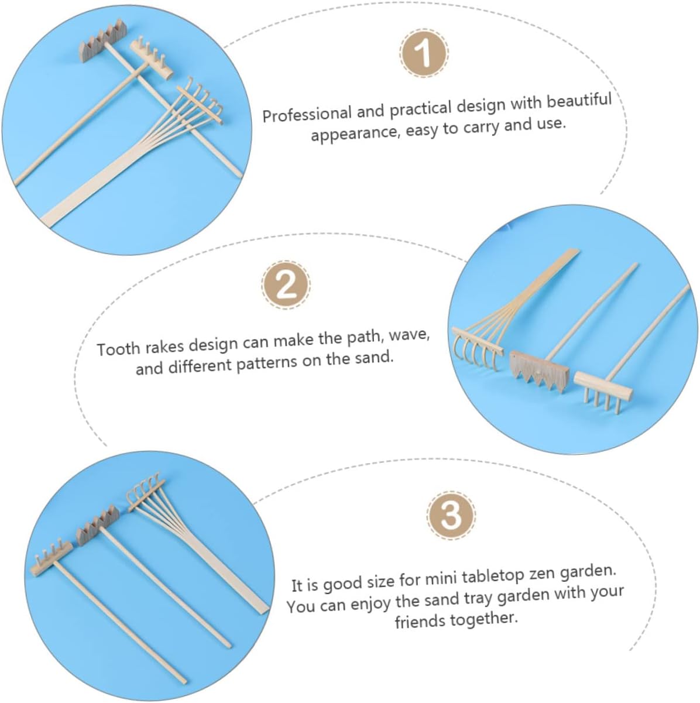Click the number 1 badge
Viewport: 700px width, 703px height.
[424, 54]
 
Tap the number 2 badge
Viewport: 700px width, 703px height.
[286, 285]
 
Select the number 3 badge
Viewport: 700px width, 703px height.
[451, 515]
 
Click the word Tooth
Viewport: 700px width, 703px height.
[119, 348]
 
